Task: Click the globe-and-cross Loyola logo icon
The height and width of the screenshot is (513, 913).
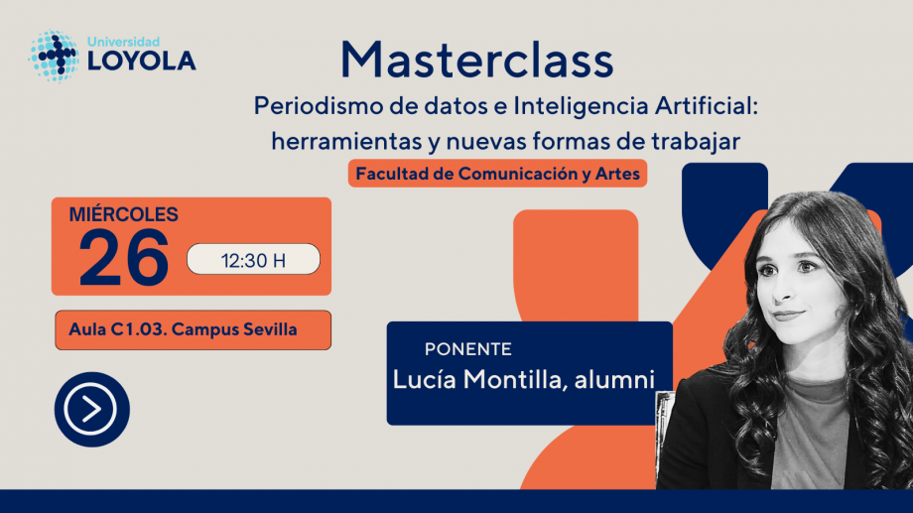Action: click(x=54, y=56)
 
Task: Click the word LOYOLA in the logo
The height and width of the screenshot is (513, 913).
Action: click(x=142, y=62)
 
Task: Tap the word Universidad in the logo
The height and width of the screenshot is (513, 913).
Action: click(x=123, y=42)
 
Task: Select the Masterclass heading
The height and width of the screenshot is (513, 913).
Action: click(x=477, y=60)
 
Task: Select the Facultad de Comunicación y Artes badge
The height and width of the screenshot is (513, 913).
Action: click(x=498, y=174)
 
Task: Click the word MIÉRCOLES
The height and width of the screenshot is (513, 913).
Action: click(x=123, y=214)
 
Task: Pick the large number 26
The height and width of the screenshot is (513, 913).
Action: click(x=124, y=257)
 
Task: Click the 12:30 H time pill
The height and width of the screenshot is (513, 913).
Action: click(x=253, y=259)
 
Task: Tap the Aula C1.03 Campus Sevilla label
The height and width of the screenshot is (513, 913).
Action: click(x=194, y=330)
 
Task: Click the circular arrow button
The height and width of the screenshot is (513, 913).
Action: click(x=92, y=410)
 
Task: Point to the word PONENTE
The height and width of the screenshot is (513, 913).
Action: click(x=468, y=349)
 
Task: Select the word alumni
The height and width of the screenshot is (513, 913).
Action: click(x=615, y=380)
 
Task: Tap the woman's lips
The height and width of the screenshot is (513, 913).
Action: click(x=788, y=315)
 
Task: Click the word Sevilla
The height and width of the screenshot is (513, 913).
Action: click(x=270, y=329)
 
